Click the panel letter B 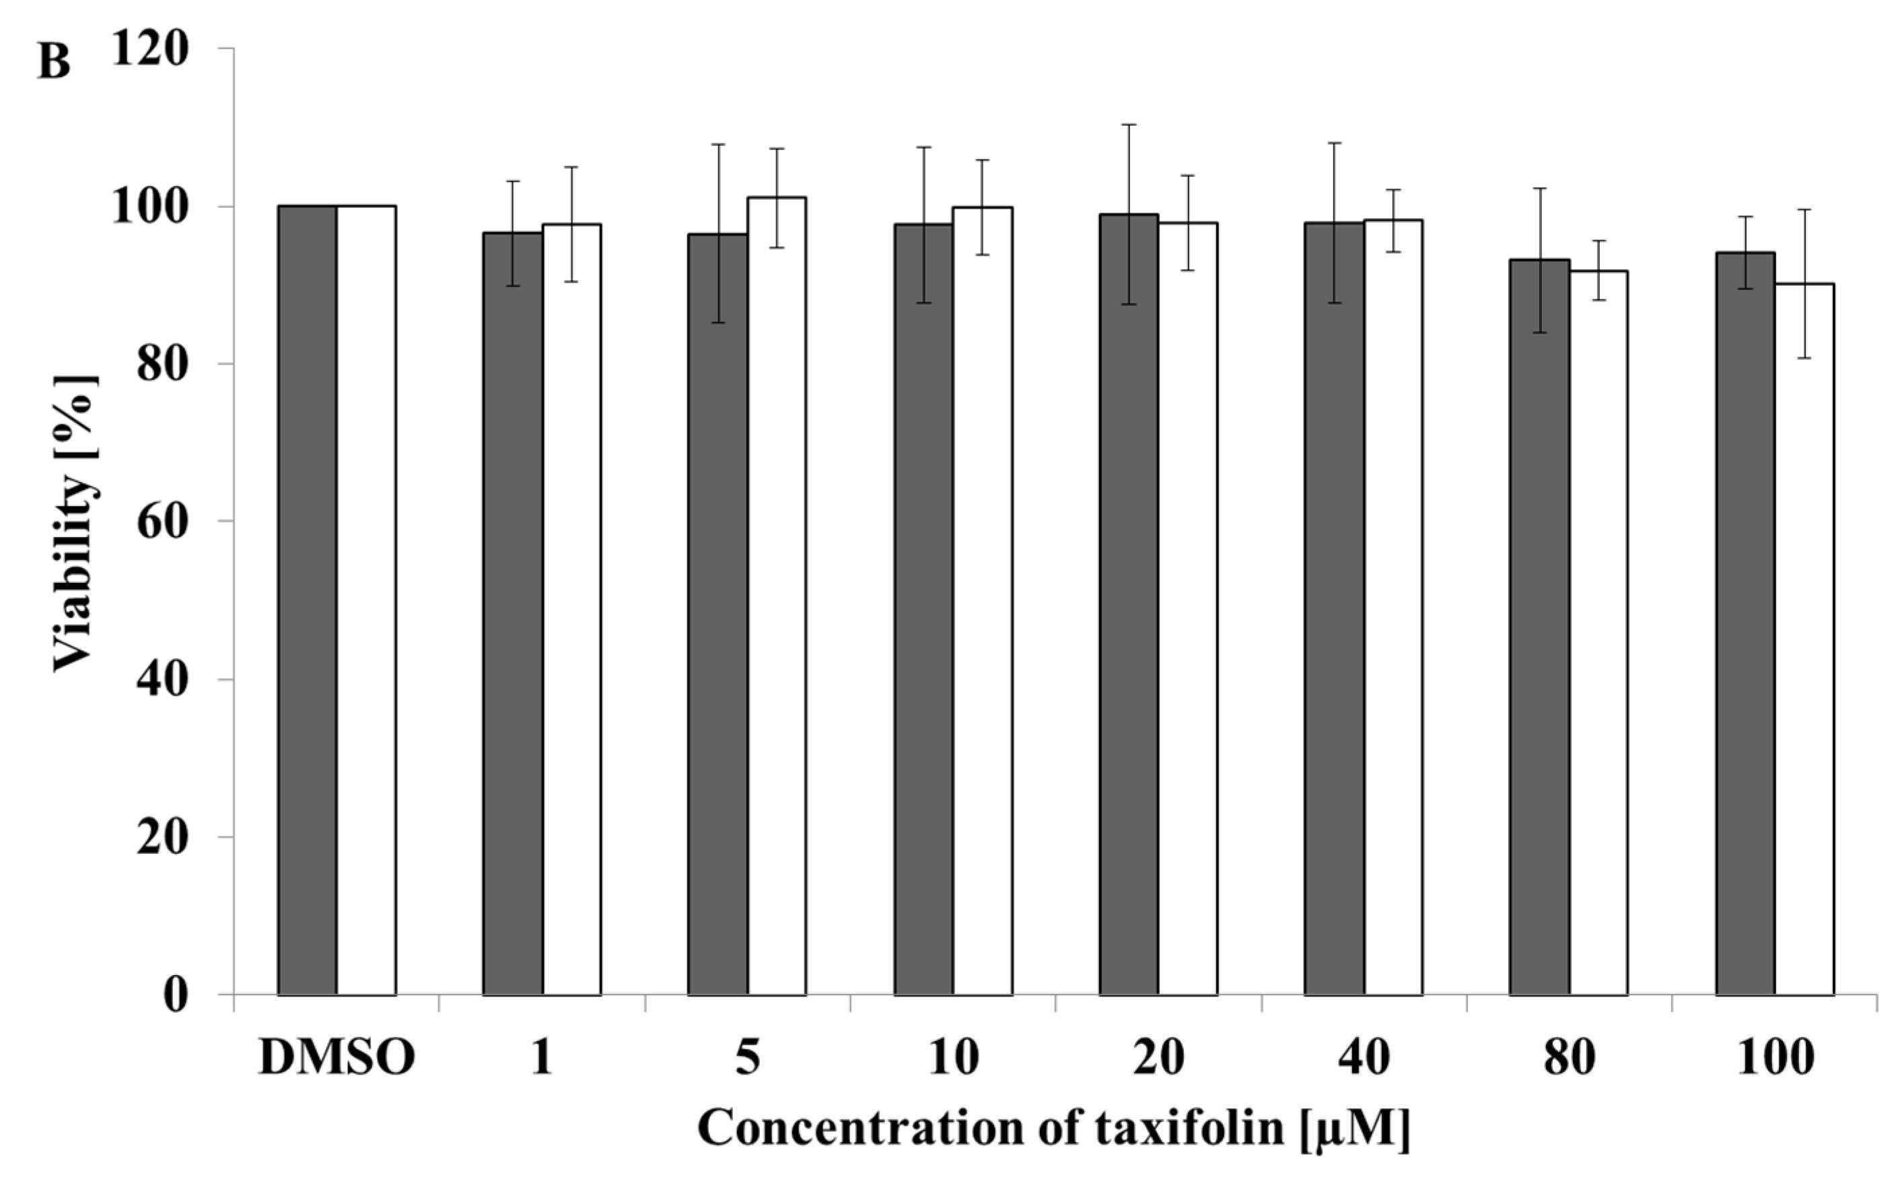tap(53, 62)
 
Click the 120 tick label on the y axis tap(150, 48)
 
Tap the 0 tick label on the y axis tap(176, 995)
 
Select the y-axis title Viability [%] tap(76, 523)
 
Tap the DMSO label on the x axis tap(337, 1059)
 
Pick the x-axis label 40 tap(1363, 1059)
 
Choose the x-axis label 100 tap(1775, 1059)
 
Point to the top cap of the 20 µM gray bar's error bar tap(1129, 124)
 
